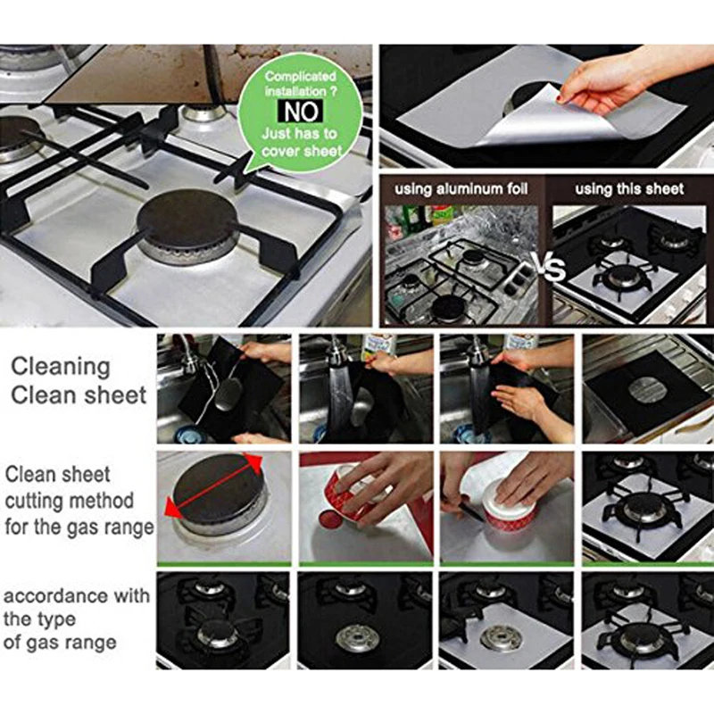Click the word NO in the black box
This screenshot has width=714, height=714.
tap(301, 112)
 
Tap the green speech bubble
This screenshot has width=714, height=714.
tap(301, 112)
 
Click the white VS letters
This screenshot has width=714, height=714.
tap(546, 267)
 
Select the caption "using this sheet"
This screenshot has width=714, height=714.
tap(629, 189)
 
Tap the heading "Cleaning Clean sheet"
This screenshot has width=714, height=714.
tap(79, 381)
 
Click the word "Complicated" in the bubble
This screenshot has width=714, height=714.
tap(301, 78)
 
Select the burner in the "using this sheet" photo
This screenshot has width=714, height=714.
tap(624, 276)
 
